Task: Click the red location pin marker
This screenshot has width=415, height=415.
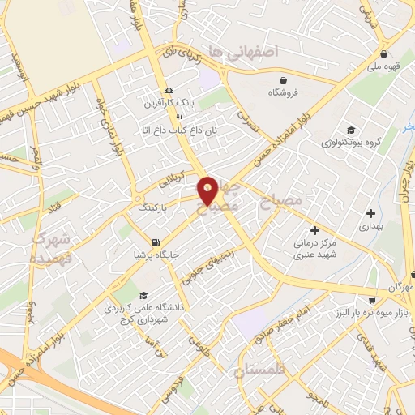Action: point(208,191)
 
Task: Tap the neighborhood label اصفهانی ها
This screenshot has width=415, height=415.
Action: point(242,51)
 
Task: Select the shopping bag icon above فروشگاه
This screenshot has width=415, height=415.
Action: point(284,80)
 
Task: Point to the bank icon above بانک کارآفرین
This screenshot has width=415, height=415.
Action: point(169,89)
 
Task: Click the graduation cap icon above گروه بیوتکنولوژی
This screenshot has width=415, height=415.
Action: point(350,130)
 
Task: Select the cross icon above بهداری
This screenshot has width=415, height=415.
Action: point(370,214)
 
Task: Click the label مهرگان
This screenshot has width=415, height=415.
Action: point(400,289)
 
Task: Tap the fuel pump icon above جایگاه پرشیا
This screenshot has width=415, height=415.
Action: point(156,241)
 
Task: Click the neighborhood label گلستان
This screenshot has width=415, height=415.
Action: point(260,371)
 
